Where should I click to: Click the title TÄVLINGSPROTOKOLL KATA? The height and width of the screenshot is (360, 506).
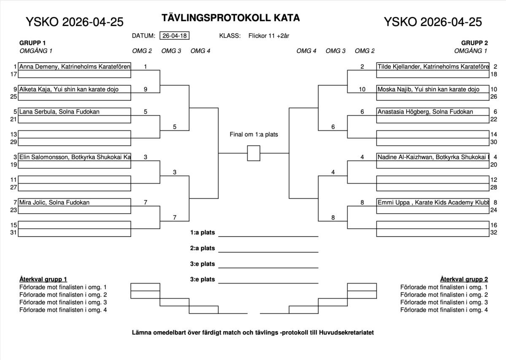[231, 18]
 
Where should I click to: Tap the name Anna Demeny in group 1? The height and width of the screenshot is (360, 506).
[74, 66]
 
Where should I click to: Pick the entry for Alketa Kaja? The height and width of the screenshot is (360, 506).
[69, 89]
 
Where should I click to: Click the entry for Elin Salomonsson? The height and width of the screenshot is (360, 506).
[74, 157]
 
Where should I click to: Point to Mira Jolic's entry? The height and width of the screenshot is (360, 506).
[54, 202]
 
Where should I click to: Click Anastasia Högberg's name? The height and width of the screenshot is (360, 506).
[425, 111]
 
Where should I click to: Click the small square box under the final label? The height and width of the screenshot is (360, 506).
[253, 153]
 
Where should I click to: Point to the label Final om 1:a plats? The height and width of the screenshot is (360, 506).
[253, 135]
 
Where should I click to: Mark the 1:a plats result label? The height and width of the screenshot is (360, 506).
[202, 233]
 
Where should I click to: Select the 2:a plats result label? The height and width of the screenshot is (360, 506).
[202, 248]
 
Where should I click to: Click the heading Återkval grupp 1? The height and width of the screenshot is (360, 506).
[43, 279]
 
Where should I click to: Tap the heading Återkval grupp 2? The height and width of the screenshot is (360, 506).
[464, 279]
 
